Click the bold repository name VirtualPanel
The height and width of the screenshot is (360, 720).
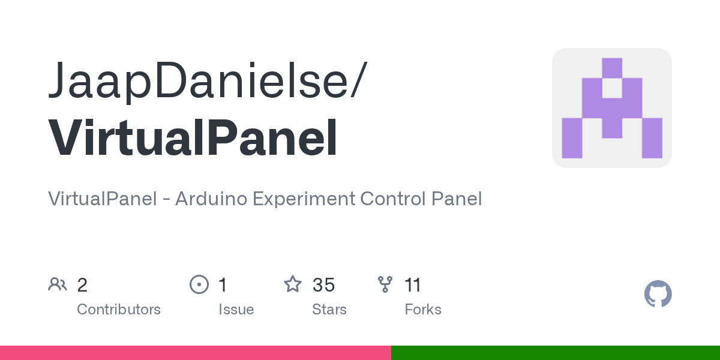pyautogui.click(x=193, y=139)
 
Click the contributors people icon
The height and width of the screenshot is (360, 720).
pyautogui.click(x=58, y=284)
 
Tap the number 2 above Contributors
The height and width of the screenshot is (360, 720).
pyautogui.click(x=83, y=284)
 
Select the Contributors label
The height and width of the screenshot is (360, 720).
pyautogui.click(x=119, y=310)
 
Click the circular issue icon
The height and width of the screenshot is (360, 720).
pyautogui.click(x=199, y=284)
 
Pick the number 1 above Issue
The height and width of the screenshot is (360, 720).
pyautogui.click(x=223, y=284)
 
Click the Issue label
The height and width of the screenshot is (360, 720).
pyautogui.click(x=236, y=310)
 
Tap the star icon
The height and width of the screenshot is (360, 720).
pyautogui.click(x=293, y=284)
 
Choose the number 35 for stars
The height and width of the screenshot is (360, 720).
pyautogui.click(x=323, y=284)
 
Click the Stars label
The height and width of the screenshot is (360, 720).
pyautogui.click(x=329, y=310)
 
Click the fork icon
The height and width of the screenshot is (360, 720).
pyautogui.click(x=385, y=284)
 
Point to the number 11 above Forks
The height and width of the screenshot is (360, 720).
pyautogui.click(x=413, y=284)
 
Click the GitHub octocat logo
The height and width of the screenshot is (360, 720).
pyautogui.click(x=658, y=294)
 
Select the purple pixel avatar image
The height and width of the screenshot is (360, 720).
pyautogui.click(x=611, y=108)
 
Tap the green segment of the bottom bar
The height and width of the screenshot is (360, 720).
pyautogui.click(x=555, y=353)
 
